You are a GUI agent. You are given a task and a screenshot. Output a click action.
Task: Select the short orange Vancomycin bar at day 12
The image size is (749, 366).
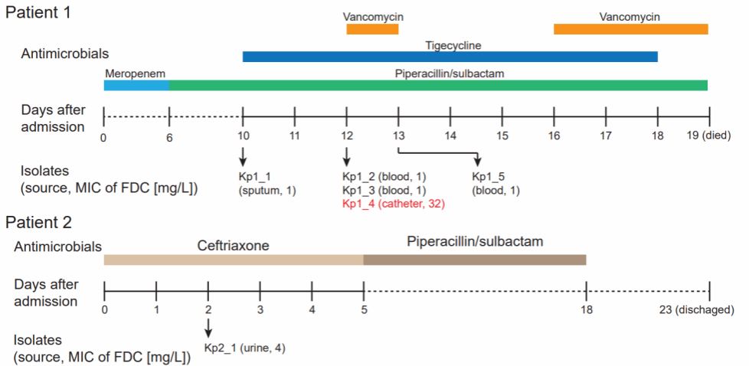pos(372,29)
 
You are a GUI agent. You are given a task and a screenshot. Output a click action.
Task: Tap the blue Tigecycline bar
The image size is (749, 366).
pos(450,57)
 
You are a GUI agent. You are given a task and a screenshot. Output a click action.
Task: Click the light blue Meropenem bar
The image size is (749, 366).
pos(136,84)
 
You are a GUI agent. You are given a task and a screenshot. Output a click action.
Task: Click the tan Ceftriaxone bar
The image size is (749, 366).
pos(234,260)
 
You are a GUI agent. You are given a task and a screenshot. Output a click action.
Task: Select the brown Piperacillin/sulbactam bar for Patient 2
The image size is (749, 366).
pos(474,260)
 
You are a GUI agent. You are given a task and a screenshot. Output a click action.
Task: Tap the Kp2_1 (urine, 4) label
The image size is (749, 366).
pos(244,348)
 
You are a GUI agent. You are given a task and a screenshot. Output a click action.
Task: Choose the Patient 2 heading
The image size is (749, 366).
pos(38,224)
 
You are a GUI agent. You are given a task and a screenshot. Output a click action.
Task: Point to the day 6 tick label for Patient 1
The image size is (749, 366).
pos(169,137)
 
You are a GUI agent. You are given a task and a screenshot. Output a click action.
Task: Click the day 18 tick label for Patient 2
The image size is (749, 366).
pos(586,310)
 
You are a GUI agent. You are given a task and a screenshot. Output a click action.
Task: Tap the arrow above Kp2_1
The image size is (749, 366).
pos(208,328)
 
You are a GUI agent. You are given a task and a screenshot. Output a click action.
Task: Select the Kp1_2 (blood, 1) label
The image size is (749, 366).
pos(384,176)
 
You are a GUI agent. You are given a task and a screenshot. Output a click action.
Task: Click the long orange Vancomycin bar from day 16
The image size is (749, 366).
pos(630,29)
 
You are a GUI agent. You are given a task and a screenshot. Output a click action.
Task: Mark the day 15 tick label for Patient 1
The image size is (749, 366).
pos(502,137)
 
